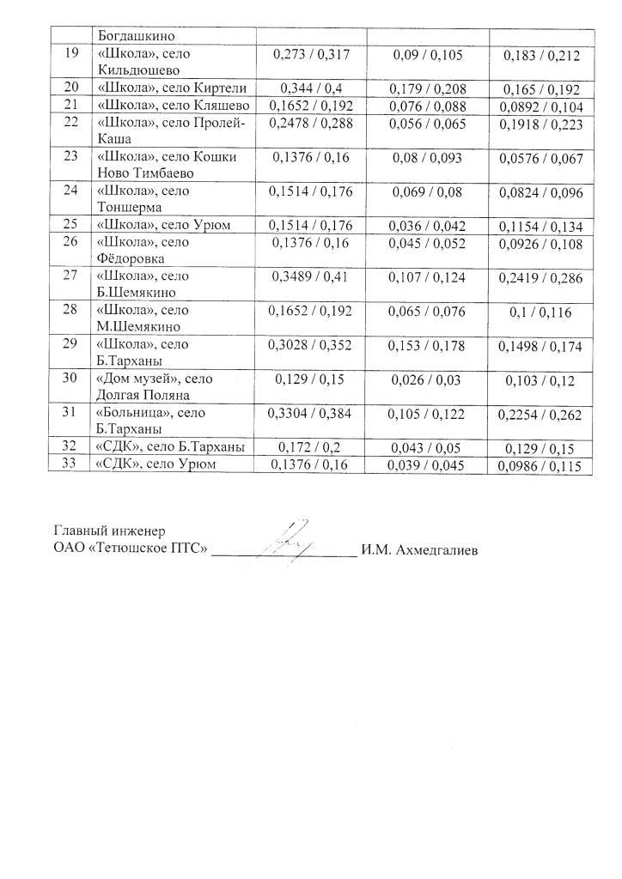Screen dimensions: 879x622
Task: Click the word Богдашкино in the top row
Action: [137, 37]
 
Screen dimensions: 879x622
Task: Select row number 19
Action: [71, 53]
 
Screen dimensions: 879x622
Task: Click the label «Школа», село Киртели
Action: [173, 88]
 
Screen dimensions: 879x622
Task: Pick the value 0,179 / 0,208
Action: [427, 88]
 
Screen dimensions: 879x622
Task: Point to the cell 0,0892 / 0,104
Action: [541, 106]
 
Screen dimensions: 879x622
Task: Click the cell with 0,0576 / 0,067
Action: [541, 159]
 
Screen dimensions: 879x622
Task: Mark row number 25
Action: [71, 225]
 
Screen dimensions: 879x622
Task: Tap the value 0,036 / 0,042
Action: [428, 226]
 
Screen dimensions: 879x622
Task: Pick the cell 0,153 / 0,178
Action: [428, 345]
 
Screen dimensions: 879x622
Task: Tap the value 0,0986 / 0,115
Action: [541, 467]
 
